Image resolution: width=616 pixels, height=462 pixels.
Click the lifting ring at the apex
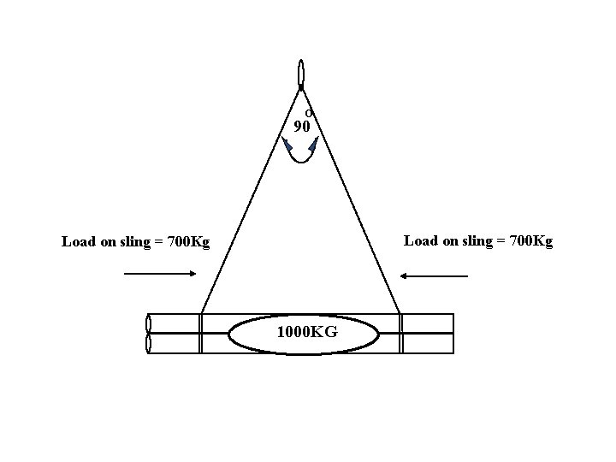[x=301, y=74]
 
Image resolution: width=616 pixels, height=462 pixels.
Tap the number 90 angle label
[x=302, y=127]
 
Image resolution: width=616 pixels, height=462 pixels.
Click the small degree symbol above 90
[x=309, y=113]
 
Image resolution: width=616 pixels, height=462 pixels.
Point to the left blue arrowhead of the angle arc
[x=288, y=146]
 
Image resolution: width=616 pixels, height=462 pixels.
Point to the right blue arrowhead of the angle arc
[x=313, y=146]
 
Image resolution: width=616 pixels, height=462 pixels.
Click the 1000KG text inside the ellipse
[x=306, y=331]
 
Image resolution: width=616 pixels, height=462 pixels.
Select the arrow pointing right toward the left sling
[x=161, y=274]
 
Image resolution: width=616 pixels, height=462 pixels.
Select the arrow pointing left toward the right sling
[x=434, y=275]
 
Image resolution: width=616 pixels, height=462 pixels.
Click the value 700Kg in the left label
[x=189, y=241]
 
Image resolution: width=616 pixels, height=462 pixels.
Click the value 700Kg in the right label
[x=531, y=240]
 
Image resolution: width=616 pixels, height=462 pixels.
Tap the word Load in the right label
[x=421, y=240]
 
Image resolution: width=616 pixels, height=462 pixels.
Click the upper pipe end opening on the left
[x=149, y=323]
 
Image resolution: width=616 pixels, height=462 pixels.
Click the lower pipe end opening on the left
[x=149, y=343]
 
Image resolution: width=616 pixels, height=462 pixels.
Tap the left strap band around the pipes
[x=201, y=333]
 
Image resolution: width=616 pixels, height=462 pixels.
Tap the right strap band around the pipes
[x=401, y=333]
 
